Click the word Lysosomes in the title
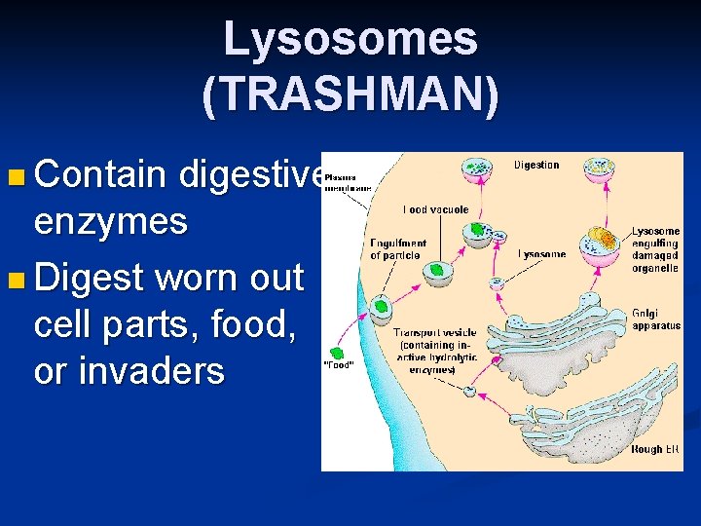tap(350, 40)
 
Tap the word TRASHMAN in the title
tap(350, 94)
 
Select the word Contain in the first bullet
tap(98, 175)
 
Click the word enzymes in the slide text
tap(110, 222)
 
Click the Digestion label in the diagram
tap(535, 165)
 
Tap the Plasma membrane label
tap(341, 182)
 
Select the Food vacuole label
tap(435, 209)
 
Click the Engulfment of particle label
tap(398, 248)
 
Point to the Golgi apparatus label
tap(656, 319)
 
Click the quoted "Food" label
tap(337, 366)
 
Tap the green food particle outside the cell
tap(337, 353)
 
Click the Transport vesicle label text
tap(434, 351)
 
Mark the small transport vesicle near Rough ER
tap(471, 391)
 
